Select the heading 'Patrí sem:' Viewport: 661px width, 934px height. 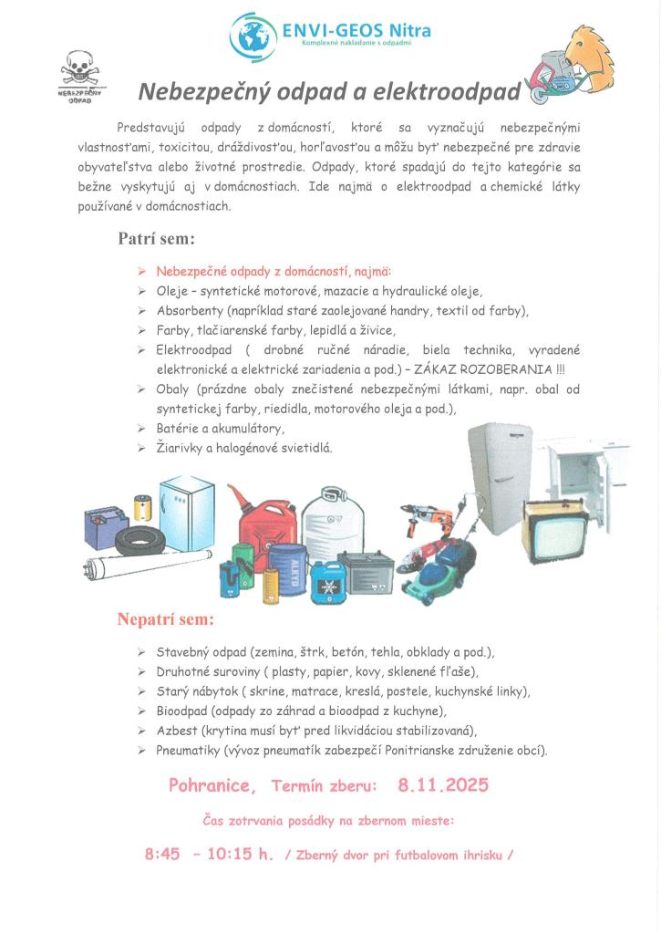[156, 239]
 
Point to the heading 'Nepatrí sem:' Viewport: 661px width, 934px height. [165, 619]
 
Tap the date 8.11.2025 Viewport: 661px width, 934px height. [443, 784]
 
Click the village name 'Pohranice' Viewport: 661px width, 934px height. [212, 785]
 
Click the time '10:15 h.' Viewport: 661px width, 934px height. [240, 855]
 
